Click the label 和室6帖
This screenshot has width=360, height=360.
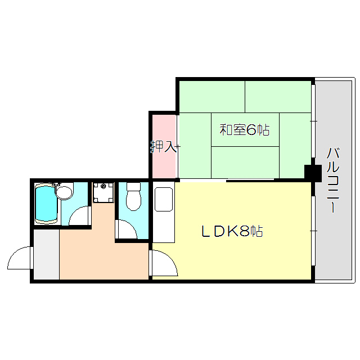pyautogui.click(x=244, y=130)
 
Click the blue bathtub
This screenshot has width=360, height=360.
pyautogui.click(x=46, y=204)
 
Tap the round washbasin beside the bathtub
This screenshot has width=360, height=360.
pyautogui.click(x=65, y=193)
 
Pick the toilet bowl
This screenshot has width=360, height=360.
pyautogui.click(x=134, y=200)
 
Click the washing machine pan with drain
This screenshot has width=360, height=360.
pyautogui.click(x=103, y=193)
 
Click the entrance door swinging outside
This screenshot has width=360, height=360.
pyautogui.click(x=20, y=259)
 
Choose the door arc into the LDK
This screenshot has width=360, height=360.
pyautogui.click(x=164, y=263)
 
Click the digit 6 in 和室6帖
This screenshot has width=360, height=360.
pyautogui.click(x=251, y=130)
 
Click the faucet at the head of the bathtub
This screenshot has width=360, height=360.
pyautogui.click(x=55, y=185)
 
